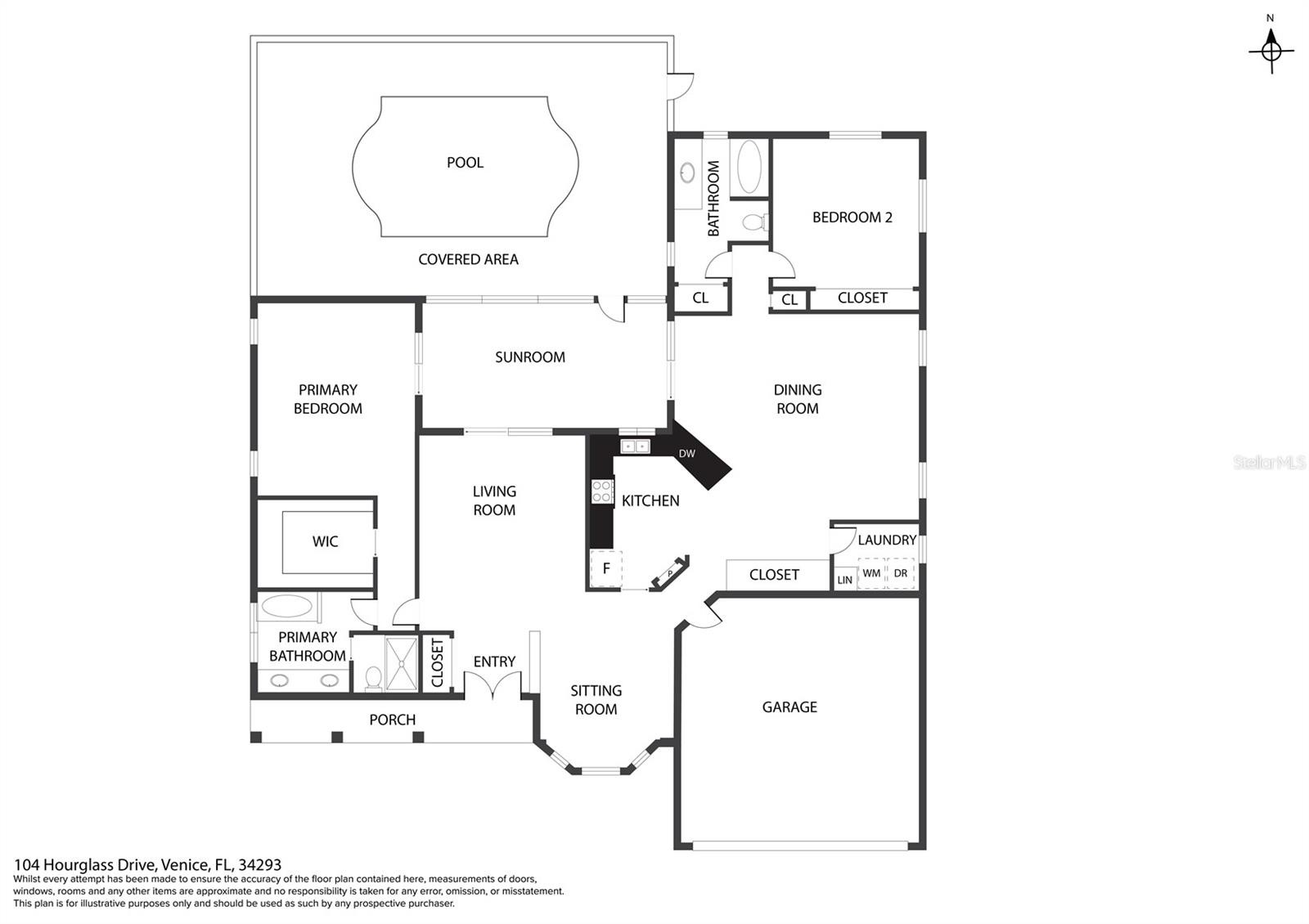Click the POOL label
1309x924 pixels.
[x=465, y=163]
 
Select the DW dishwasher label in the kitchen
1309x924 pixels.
[x=686, y=453]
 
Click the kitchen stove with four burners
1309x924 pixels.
[x=602, y=491]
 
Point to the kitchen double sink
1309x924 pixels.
[x=635, y=446]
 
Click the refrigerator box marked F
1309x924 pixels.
[x=605, y=567]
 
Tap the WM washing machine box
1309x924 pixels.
[x=871, y=573]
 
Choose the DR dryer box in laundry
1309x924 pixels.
[x=901, y=573]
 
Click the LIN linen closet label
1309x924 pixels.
[x=845, y=580]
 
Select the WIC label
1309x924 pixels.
[x=325, y=541]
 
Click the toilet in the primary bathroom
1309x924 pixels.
[x=373, y=678]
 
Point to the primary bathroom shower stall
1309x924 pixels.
[x=402, y=664]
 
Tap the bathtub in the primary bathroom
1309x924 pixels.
[x=287, y=606]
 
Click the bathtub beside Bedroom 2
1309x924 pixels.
[x=749, y=167]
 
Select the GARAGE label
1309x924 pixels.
[x=789, y=707]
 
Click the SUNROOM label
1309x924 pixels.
[x=530, y=357]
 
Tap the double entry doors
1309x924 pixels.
[x=493, y=684]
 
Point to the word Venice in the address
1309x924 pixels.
[x=185, y=864]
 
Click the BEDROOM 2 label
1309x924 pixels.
[x=852, y=218]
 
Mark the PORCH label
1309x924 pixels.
[x=392, y=720]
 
